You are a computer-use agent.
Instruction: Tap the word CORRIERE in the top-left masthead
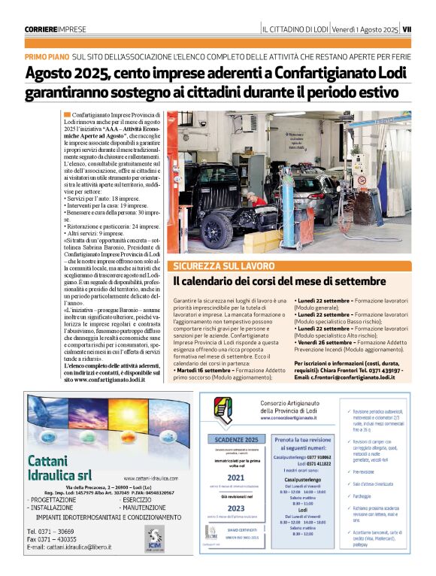tap(44, 29)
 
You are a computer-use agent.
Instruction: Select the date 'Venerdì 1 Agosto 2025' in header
tap(365, 29)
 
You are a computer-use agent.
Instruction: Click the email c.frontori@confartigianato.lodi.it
tap(355, 377)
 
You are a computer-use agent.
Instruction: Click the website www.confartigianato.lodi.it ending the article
tap(105, 380)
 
